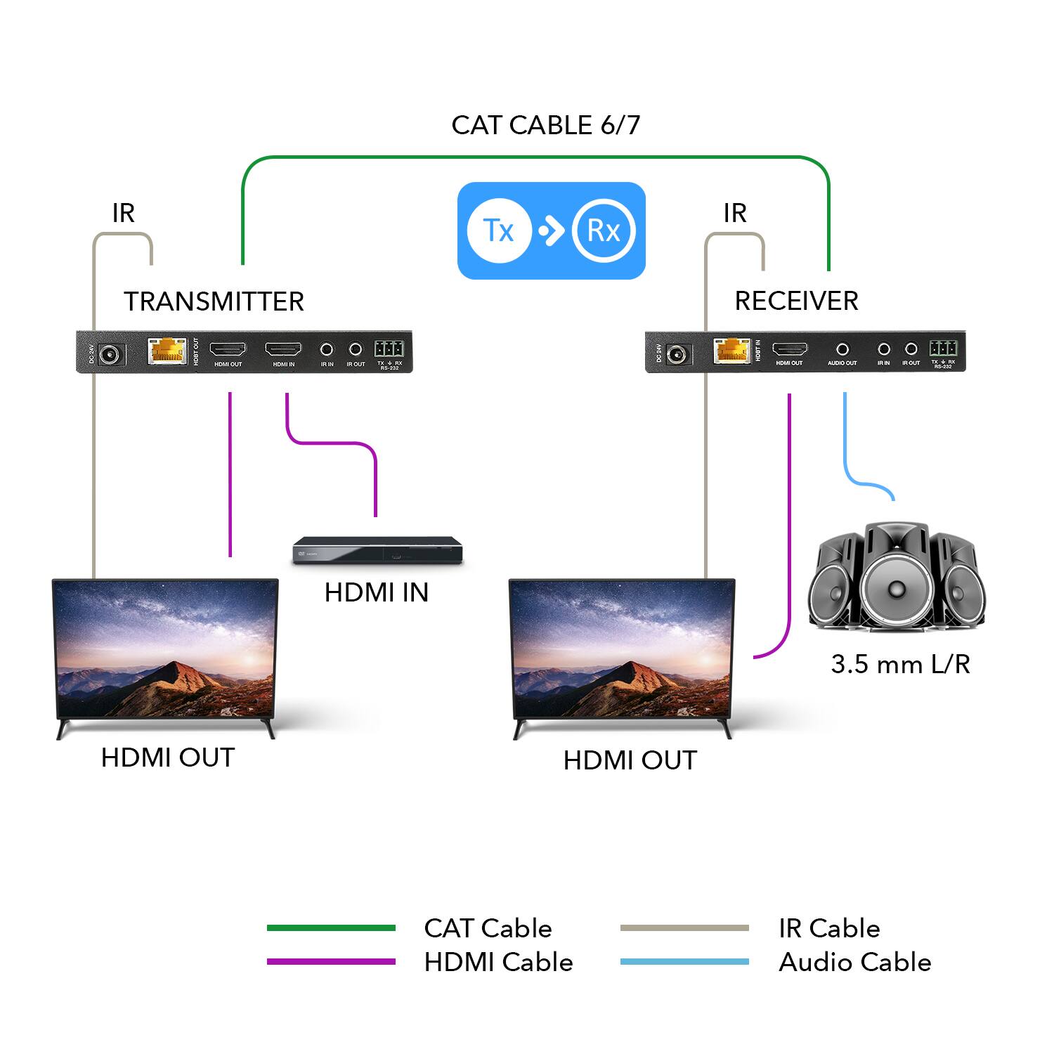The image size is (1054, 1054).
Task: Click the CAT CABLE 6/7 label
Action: [545, 125]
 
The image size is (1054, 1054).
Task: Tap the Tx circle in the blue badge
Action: [499, 230]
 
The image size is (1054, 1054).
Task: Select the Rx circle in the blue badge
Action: [604, 230]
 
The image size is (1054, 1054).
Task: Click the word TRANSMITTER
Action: [214, 301]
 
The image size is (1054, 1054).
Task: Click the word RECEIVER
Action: [796, 301]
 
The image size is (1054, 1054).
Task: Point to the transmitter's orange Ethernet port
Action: [167, 351]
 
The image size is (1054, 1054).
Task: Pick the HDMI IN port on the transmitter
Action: [283, 349]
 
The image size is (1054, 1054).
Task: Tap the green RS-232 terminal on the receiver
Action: [942, 348]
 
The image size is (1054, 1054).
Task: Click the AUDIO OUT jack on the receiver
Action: [842, 349]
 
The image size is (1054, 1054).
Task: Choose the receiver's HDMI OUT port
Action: [790, 349]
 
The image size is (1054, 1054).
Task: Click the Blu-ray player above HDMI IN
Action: [377, 550]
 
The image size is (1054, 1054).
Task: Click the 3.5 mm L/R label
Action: [900, 664]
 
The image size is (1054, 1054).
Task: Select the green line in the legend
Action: [331, 928]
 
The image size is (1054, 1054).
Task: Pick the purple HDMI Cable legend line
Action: [331, 962]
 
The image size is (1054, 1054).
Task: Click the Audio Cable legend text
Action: [854, 962]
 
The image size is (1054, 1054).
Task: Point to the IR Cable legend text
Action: [829, 928]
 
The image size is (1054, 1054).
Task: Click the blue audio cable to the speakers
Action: [845, 450]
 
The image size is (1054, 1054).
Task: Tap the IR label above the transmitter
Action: [123, 213]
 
